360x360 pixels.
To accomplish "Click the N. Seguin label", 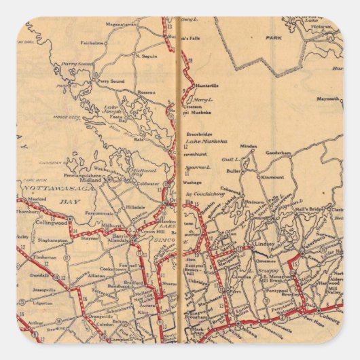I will tap(146, 55).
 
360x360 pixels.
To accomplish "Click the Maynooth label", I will tap(329, 98).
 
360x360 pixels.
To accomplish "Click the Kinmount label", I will tap(272, 177).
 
